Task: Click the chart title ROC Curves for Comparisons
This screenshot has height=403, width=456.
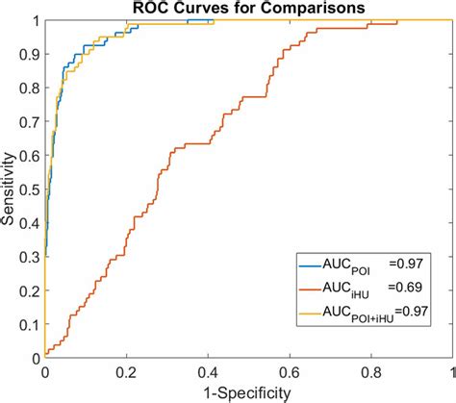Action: pyautogui.click(x=248, y=9)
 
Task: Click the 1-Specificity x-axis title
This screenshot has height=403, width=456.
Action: pyautogui.click(x=248, y=391)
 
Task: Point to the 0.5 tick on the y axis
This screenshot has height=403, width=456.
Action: pyautogui.click(x=31, y=189)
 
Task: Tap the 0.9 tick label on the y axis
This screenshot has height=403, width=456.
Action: pyautogui.click(x=31, y=54)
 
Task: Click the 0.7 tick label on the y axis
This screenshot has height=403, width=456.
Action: pyautogui.click(x=31, y=122)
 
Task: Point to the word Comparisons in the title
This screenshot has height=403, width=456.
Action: pyautogui.click(x=307, y=9)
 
